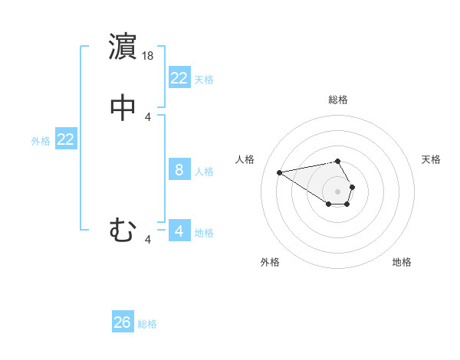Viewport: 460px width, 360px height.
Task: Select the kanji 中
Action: [x=123, y=107]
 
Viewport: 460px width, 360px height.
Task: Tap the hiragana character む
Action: [x=123, y=230]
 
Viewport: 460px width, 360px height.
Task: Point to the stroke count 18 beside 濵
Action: [x=149, y=56]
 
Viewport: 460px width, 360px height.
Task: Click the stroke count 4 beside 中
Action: [x=148, y=116]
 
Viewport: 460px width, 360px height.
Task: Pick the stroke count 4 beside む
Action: [x=148, y=240]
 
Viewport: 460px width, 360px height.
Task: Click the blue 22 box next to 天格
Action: [x=179, y=78]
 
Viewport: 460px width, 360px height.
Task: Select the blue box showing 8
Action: [x=179, y=170]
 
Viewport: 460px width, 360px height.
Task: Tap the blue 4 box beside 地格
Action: [x=179, y=231]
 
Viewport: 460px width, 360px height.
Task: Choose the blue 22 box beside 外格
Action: [x=66, y=139]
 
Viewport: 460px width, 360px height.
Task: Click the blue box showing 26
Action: [x=123, y=322]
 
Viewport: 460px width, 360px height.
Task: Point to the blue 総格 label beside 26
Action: [x=147, y=324]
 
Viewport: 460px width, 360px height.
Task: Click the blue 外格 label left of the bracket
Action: [x=41, y=141]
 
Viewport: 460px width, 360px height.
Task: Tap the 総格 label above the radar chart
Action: [x=338, y=100]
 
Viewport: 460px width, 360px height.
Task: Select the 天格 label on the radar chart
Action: [x=432, y=159]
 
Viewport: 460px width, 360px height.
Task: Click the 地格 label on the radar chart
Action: [x=402, y=262]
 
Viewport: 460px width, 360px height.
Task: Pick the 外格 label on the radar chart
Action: [x=270, y=262]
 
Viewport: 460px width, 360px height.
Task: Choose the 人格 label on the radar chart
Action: [x=245, y=159]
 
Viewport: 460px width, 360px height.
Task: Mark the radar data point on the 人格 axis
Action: [x=279, y=172]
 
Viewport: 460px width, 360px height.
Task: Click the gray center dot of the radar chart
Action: [x=338, y=191]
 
